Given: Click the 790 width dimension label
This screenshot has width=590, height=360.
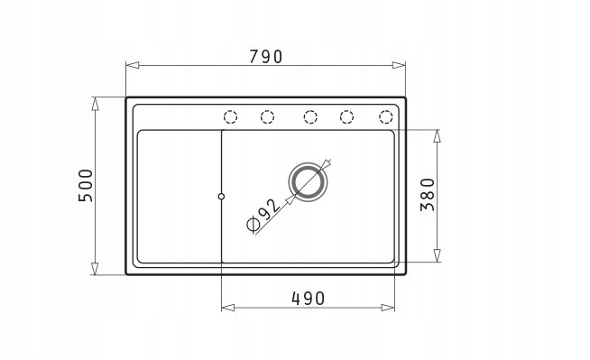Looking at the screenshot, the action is click(265, 57).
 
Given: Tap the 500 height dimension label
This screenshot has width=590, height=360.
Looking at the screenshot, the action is click(86, 186).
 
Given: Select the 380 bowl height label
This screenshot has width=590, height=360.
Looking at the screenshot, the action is click(428, 195).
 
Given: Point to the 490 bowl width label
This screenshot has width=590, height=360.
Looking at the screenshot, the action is click(308, 299).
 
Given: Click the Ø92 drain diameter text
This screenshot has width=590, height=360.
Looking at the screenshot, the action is click(263, 214).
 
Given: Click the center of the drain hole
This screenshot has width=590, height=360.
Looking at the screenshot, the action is click(308, 182).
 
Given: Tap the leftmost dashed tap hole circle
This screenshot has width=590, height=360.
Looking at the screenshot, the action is click(230, 117).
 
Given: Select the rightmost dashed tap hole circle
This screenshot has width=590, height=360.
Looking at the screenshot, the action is click(386, 117).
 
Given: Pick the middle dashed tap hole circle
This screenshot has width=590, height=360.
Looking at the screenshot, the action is click(310, 117).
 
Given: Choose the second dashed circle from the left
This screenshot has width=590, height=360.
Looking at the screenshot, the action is click(267, 117).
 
